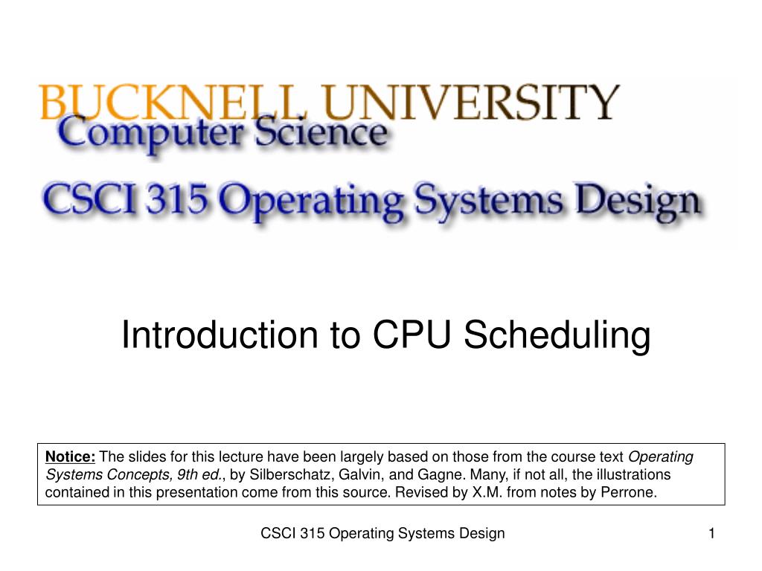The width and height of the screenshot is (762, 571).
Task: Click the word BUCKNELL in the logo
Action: tap(133, 103)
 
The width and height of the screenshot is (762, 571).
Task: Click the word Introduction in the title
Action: tap(215, 335)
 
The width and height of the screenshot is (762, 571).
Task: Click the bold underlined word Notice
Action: tap(71, 457)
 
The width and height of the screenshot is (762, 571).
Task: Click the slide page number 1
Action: tap(711, 533)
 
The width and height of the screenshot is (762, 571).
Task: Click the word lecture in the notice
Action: tap(241, 457)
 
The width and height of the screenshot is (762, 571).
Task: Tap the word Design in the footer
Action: tap(484, 533)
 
